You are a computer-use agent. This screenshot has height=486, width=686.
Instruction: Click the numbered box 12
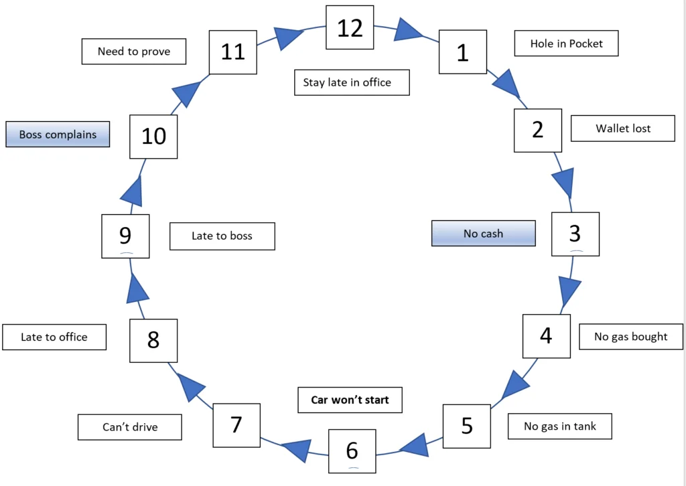(x=350, y=27)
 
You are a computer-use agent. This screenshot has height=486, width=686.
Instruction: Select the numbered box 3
(x=575, y=234)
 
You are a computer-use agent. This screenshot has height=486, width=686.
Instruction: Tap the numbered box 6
(x=352, y=451)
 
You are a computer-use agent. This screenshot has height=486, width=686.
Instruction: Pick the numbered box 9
(x=125, y=236)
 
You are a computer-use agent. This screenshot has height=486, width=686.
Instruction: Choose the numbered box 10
(x=153, y=137)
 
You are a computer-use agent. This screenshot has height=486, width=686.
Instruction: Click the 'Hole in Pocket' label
(x=566, y=44)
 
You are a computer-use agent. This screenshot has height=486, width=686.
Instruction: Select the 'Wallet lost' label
(x=623, y=129)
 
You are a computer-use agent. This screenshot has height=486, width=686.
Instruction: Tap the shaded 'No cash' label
(x=484, y=234)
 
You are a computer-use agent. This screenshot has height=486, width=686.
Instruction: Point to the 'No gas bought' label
(x=631, y=337)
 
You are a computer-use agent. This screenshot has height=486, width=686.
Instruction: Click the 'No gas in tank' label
(x=560, y=426)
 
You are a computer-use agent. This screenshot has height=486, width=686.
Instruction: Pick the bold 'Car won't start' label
(x=350, y=400)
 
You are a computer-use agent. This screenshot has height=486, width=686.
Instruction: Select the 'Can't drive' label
(x=130, y=427)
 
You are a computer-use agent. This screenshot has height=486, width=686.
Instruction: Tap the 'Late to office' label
(x=54, y=337)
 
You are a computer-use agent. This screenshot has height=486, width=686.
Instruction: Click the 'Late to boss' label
(x=222, y=236)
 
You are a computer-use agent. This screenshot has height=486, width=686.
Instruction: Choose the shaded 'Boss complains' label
(x=58, y=134)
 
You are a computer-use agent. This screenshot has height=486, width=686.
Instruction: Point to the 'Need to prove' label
(x=134, y=52)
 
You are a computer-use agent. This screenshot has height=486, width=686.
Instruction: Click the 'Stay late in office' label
(x=352, y=82)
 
